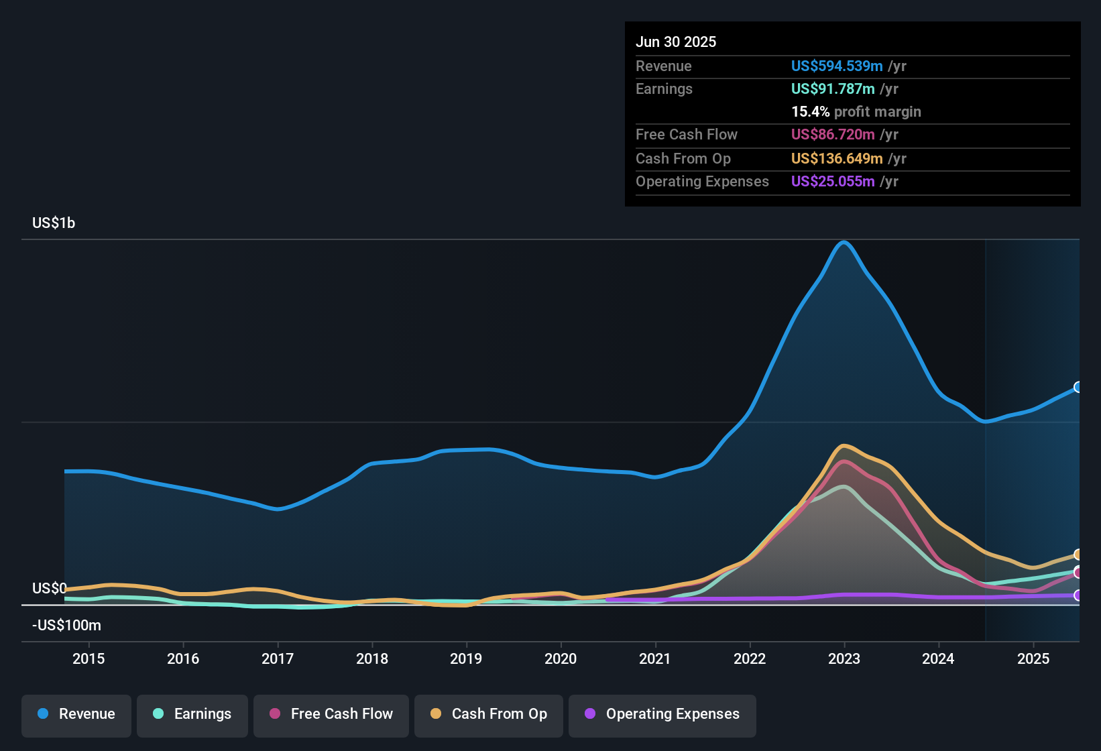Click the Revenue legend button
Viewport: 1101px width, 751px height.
[x=76, y=715]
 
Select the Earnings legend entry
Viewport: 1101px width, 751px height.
[x=192, y=715]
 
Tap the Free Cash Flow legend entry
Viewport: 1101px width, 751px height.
[x=331, y=715]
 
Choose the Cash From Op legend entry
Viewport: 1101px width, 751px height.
[x=489, y=715]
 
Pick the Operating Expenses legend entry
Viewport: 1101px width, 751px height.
[x=662, y=715]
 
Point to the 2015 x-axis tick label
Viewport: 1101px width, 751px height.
[x=89, y=659]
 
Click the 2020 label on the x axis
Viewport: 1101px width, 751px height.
[x=561, y=659]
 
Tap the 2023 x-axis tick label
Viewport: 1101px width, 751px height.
[x=844, y=659]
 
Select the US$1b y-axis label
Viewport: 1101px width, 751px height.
[x=54, y=223]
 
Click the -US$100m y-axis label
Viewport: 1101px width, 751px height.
[x=66, y=626]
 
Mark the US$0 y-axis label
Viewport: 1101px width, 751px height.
[x=50, y=589]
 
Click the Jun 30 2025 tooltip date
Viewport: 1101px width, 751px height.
[x=676, y=42]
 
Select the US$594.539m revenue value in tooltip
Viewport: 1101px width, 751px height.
[x=836, y=66]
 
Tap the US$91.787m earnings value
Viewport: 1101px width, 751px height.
[x=832, y=89]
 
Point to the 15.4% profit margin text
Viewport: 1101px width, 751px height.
[x=856, y=112]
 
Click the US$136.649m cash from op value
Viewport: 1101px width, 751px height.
[x=836, y=159]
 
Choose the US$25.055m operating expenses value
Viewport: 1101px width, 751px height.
[x=832, y=182]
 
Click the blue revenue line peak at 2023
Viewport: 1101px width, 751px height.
[x=844, y=243]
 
